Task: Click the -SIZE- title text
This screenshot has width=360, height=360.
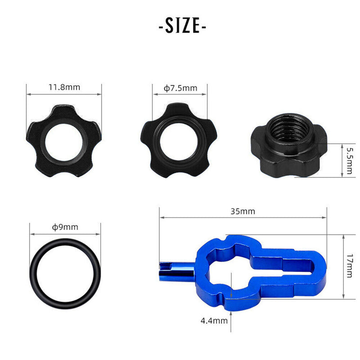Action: tap(182, 26)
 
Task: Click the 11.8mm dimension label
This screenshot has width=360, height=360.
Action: tap(64, 87)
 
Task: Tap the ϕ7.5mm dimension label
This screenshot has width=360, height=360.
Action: tap(180, 88)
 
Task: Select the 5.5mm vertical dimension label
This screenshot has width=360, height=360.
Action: tap(349, 160)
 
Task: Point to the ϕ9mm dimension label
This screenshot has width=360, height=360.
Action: tap(65, 227)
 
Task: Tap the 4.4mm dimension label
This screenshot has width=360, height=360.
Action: tap(214, 320)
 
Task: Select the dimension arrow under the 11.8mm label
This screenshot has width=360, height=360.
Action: tap(64, 94)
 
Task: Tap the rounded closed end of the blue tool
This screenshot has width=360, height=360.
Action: tap(320, 270)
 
